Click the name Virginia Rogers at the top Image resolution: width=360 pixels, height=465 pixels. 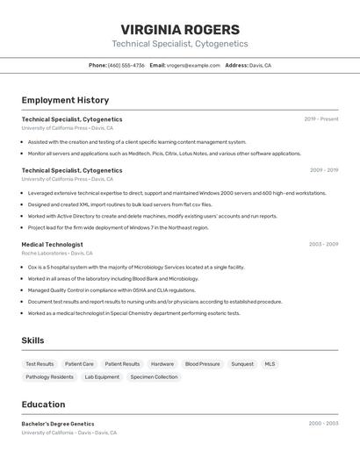click(x=180, y=29)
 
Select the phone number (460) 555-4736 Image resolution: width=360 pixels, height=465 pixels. click(x=126, y=65)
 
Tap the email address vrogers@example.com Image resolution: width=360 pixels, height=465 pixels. click(x=194, y=65)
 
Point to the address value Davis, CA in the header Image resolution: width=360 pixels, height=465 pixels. click(x=260, y=65)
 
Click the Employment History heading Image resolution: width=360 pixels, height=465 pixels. click(x=65, y=100)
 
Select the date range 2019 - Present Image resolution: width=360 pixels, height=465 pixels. click(x=321, y=118)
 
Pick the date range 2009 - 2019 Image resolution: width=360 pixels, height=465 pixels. click(x=324, y=170)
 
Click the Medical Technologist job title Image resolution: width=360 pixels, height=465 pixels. click(x=53, y=244)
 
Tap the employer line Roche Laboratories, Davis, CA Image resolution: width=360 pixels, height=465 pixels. click(x=57, y=253)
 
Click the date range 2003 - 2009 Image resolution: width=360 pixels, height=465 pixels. click(x=324, y=244)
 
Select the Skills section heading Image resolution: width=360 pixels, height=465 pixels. click(x=33, y=340)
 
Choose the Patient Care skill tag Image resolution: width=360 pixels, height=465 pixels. click(x=79, y=363)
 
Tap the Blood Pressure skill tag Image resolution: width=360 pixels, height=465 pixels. click(x=202, y=363)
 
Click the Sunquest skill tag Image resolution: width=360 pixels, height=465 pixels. click(x=242, y=363)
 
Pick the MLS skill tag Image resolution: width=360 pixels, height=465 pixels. click(x=270, y=363)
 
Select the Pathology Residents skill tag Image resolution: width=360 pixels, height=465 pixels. click(x=49, y=376)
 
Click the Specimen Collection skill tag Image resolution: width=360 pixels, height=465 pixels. click(x=154, y=376)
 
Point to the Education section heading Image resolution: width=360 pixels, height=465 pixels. click(x=43, y=404)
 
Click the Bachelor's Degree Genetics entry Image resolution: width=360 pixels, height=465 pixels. click(x=58, y=424)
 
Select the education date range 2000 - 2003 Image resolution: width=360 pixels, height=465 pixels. click(x=323, y=423)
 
